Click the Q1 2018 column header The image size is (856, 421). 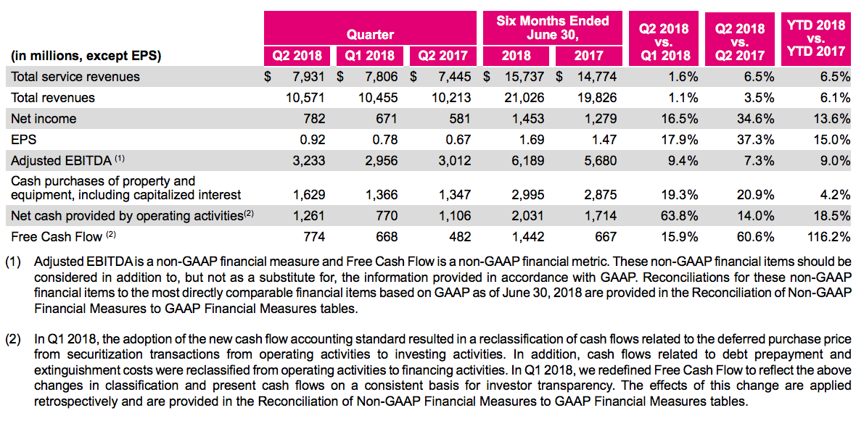click(x=370, y=56)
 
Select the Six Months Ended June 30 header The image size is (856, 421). click(x=553, y=28)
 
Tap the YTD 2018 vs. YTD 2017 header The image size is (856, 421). click(x=816, y=38)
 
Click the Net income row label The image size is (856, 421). click(x=44, y=119)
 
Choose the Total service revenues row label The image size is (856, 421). click(x=75, y=77)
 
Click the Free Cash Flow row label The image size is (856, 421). click(x=57, y=236)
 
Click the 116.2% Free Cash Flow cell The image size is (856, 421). click(x=826, y=236)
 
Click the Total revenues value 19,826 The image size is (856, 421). click(x=597, y=98)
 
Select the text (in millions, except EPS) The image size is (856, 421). click(x=86, y=56)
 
